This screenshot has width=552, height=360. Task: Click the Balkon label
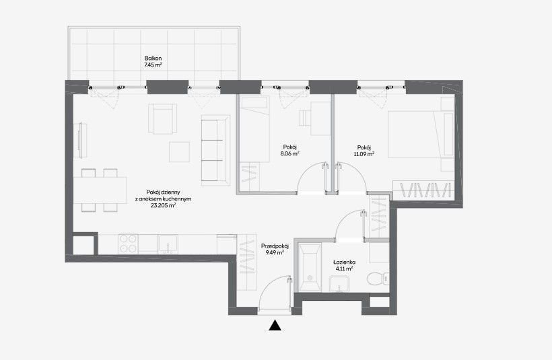click(153, 58)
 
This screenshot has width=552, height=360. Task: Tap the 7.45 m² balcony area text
click(153, 65)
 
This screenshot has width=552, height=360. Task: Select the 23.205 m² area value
click(164, 205)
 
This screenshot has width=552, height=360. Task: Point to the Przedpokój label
click(275, 246)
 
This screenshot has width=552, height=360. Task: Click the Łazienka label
click(344, 262)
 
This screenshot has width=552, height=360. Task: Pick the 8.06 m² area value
click(289, 153)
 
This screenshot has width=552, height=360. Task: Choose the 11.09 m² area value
click(364, 154)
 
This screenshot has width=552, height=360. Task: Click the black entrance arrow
click(275, 326)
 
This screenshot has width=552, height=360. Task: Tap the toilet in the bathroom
click(378, 279)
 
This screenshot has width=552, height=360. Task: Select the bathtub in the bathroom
click(310, 267)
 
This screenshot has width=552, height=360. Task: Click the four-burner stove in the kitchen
click(128, 244)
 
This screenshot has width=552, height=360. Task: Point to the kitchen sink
click(168, 244)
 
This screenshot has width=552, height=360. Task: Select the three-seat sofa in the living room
click(215, 150)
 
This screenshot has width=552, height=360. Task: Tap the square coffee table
click(179, 151)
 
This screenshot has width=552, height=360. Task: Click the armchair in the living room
click(162, 118)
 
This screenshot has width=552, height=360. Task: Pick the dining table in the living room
click(100, 190)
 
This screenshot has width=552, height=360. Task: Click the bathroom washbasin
click(339, 283)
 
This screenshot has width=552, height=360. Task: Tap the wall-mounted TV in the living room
click(81, 140)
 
